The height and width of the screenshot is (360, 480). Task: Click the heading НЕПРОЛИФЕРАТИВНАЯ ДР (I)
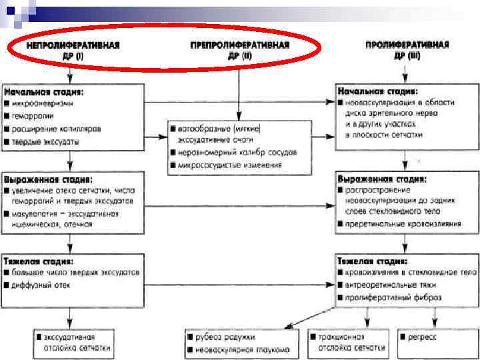(x=73, y=50)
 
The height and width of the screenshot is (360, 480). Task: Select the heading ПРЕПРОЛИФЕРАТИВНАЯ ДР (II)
(x=240, y=50)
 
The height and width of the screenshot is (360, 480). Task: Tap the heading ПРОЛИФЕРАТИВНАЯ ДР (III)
(x=407, y=50)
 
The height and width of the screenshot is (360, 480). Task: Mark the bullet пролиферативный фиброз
(x=389, y=297)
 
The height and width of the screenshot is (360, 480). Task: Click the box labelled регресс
(x=427, y=338)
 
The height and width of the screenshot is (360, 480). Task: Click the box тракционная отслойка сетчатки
(x=347, y=343)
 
